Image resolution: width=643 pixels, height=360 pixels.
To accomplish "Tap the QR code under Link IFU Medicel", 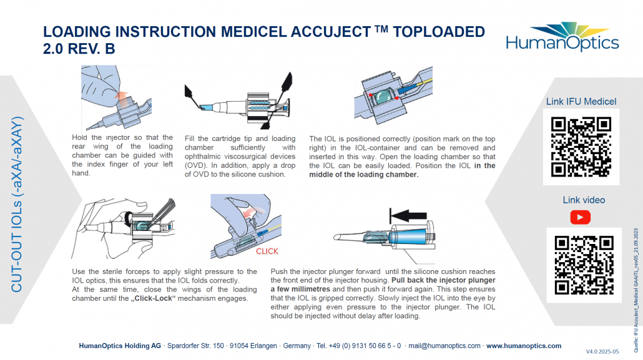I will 581,147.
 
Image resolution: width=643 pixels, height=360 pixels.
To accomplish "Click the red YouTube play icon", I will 581,217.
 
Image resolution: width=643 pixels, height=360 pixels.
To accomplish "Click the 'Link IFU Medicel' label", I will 581,102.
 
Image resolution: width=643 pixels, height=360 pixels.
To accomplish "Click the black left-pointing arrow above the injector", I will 410,216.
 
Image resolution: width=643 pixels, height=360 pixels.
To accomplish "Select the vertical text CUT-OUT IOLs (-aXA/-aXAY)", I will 17,204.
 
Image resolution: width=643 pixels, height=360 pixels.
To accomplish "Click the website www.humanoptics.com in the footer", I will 523,346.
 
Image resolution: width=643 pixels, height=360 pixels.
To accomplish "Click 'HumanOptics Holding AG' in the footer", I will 119,346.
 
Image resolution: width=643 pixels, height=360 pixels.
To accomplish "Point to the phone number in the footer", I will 358,346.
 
